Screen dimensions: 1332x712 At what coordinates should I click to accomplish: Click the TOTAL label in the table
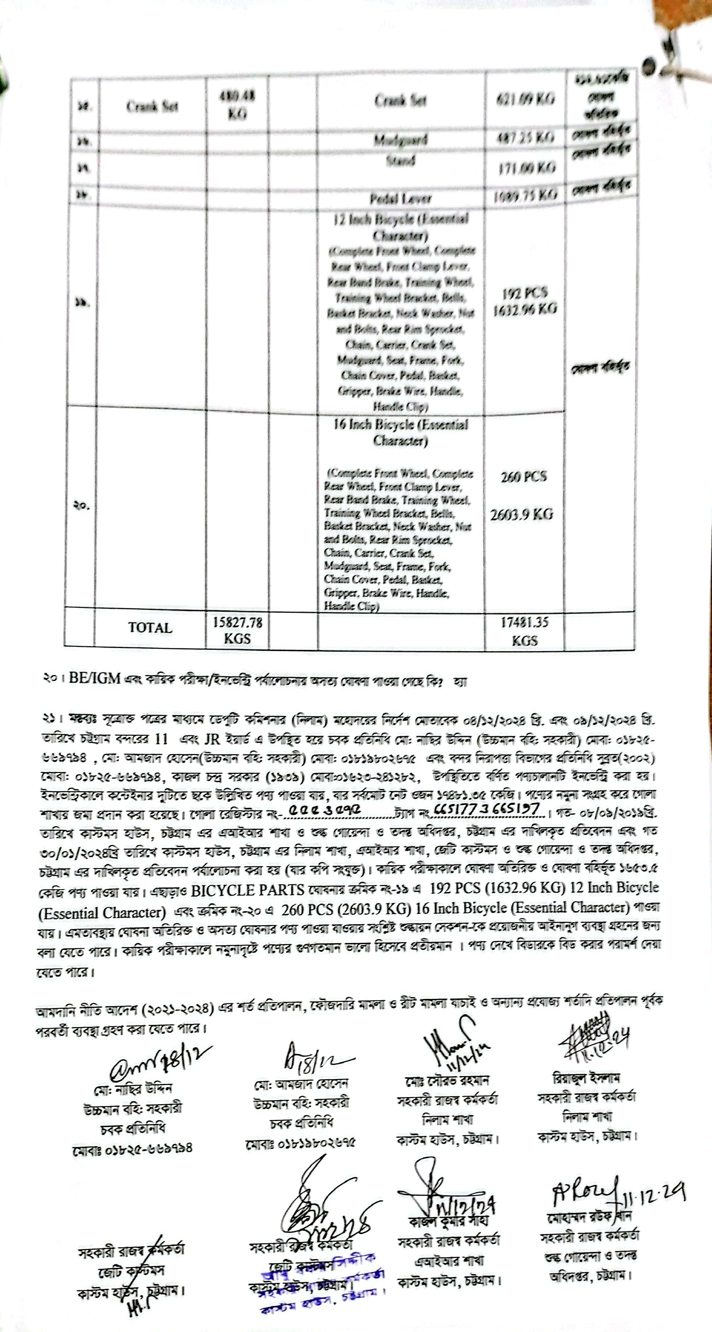(150, 628)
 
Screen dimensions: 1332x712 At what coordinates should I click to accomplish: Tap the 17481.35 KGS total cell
(524, 631)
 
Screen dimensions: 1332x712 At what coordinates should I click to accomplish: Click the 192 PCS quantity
(524, 293)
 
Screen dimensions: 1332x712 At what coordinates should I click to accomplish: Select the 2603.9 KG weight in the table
(522, 514)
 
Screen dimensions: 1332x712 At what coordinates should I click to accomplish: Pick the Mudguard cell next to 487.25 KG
(401, 140)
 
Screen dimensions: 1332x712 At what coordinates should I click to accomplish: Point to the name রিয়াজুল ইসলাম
(586, 1079)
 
